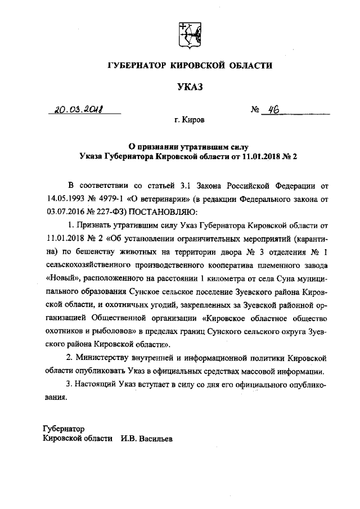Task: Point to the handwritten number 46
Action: (276, 110)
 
